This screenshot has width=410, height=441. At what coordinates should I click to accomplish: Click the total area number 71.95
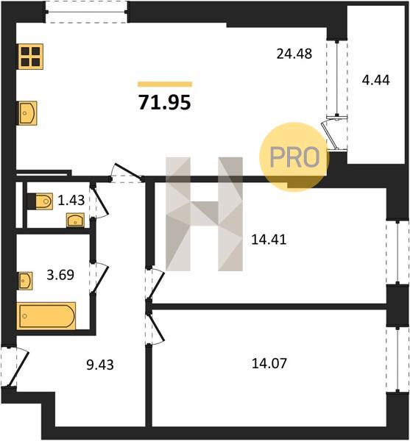click(165, 102)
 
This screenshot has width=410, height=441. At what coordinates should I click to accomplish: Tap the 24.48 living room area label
click(294, 54)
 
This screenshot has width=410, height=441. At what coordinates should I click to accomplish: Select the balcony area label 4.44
click(376, 80)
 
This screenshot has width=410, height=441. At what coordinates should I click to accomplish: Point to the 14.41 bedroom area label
click(269, 240)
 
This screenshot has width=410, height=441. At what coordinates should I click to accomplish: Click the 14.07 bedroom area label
click(269, 363)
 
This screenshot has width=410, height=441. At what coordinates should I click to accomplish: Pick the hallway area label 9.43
click(100, 365)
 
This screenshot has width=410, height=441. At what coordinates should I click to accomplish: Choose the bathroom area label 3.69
click(60, 275)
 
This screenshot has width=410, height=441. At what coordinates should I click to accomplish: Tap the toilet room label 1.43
click(71, 201)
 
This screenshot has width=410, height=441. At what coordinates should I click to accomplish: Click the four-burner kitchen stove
click(31, 57)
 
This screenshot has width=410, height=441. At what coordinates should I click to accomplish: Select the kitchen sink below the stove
click(28, 113)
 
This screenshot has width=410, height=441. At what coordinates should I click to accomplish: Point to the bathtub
click(46, 315)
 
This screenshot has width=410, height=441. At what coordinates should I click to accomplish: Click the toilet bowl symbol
click(40, 201)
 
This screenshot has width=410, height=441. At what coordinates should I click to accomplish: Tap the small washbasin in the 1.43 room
click(75, 220)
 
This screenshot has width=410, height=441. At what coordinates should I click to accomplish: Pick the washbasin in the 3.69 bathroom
click(25, 281)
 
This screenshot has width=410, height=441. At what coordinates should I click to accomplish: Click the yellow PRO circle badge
click(294, 157)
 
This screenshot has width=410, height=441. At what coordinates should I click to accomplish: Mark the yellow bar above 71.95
click(165, 84)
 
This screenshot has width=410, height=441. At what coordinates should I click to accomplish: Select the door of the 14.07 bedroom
click(155, 327)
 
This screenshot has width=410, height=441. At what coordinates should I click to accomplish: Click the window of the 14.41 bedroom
click(397, 252)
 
